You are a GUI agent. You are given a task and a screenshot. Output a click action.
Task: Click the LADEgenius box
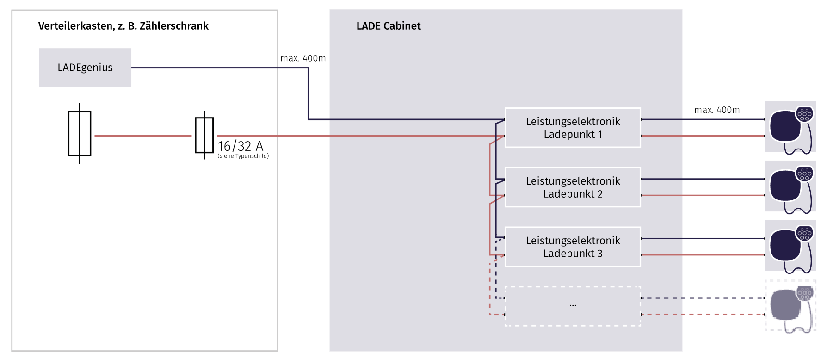85,68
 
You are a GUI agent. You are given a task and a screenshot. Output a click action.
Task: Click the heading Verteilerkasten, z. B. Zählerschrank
123,26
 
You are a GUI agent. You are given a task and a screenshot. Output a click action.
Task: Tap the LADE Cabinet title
389,26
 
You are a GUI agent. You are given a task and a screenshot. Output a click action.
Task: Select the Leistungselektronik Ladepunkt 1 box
573,128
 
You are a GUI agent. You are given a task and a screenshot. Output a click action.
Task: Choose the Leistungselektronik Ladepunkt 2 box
573,187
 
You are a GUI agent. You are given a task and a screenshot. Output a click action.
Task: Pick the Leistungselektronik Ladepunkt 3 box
573,247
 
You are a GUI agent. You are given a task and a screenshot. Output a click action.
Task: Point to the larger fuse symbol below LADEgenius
80,133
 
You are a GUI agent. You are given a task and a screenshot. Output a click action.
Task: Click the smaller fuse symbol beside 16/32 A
204,135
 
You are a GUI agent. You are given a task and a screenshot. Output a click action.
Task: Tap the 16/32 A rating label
241,146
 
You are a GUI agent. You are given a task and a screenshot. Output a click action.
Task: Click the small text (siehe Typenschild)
243,156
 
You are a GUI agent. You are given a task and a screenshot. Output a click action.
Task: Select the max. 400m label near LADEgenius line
303,58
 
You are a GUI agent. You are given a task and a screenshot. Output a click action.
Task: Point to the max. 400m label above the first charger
717,110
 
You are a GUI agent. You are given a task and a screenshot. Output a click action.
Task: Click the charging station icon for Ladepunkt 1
790,127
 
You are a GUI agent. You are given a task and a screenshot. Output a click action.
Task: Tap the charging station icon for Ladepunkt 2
790,186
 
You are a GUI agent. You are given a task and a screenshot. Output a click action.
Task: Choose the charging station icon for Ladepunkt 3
790,246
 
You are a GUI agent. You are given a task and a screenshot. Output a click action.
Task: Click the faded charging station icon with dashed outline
790,305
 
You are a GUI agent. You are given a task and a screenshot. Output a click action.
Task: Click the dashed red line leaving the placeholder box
703,315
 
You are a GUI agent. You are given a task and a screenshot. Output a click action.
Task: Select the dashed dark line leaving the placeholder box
703,298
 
